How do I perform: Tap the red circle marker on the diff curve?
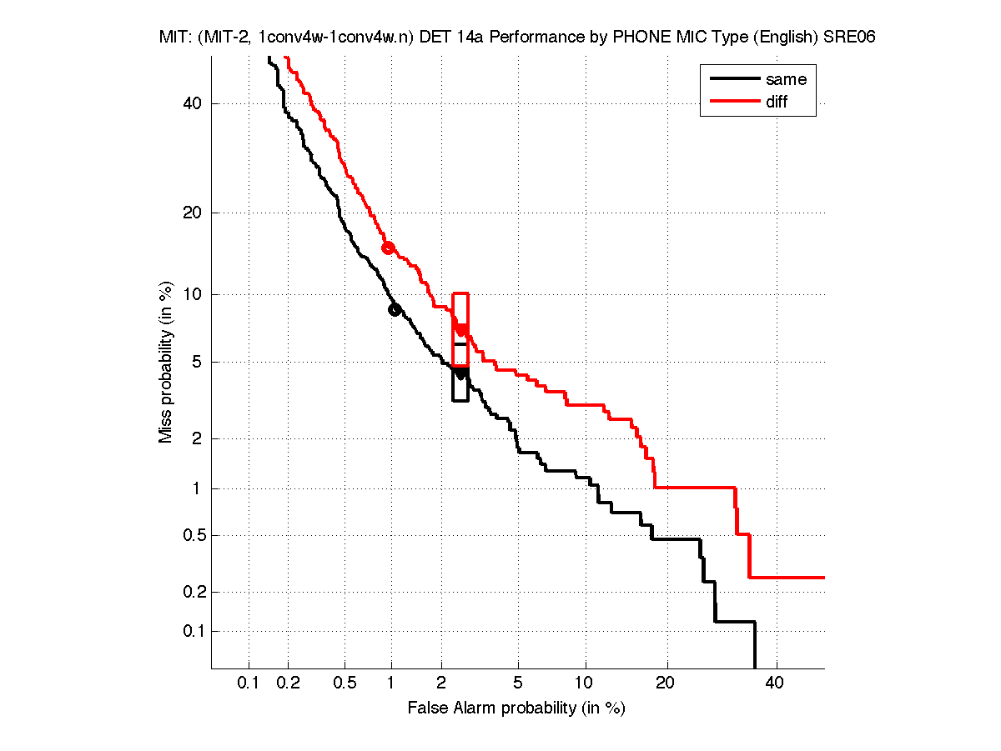tap(388, 248)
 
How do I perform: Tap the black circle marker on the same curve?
tap(395, 309)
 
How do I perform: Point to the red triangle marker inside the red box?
tap(460, 330)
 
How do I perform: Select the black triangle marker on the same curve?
tap(460, 374)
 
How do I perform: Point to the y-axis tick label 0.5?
tap(190, 535)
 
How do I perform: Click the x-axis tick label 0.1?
tap(249, 683)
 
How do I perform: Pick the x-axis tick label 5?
tap(518, 683)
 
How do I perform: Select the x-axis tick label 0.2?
tap(289, 683)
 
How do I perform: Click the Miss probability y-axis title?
tap(166, 363)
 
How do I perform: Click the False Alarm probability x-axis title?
tap(516, 708)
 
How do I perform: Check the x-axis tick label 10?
tap(586, 683)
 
